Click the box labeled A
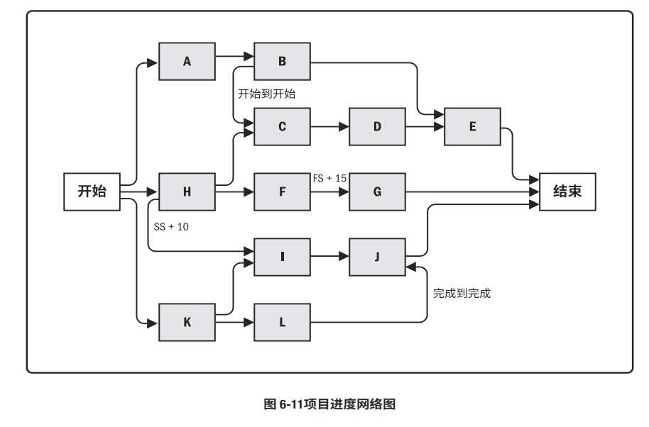pos(187,61)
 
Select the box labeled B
pos(282,61)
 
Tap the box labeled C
pos(282,127)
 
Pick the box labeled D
pos(377,127)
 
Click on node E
pos(472,127)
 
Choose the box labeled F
pos(282,192)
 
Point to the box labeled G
pos(377,192)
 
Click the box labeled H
pos(187,192)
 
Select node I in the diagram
pos(282,257)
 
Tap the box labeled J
pos(377,257)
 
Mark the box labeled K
pos(187,322)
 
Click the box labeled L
pos(282,322)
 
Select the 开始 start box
pos(92,192)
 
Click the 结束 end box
pos(567,192)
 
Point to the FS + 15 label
pos(329,178)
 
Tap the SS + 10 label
pos(171,227)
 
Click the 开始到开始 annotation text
pos(266,94)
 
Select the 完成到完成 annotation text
pos(462,293)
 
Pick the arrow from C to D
pos(329,127)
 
